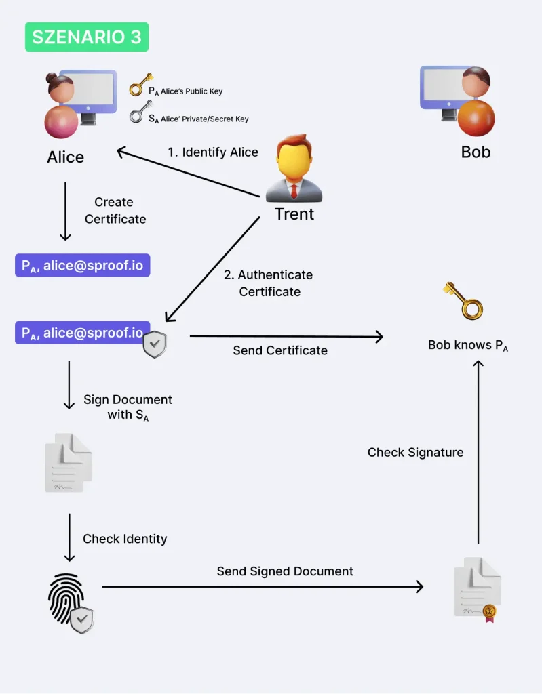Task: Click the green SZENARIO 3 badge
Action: [x=87, y=37]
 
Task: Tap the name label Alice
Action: [x=66, y=157]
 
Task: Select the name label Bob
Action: [x=476, y=152]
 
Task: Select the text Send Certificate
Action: [x=280, y=350]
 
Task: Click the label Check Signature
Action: [x=415, y=452]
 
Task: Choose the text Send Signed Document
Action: [x=285, y=571]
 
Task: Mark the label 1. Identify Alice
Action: [x=213, y=152]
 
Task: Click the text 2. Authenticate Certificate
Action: [x=269, y=283]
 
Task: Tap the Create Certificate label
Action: [x=115, y=210]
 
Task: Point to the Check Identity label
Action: [x=125, y=539]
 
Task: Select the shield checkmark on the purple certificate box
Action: [x=155, y=345]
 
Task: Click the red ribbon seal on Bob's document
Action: [x=488, y=613]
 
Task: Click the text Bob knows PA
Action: [x=468, y=345]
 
